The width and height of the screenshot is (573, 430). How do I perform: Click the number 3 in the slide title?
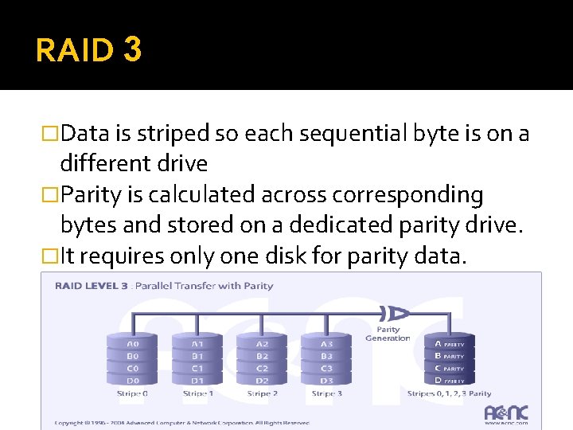coord(133,50)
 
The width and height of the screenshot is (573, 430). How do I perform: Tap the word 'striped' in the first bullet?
coord(173,133)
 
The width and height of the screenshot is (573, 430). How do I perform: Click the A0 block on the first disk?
coord(134,345)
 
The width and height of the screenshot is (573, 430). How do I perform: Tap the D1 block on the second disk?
coord(198,381)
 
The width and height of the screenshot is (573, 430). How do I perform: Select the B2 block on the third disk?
coord(263,357)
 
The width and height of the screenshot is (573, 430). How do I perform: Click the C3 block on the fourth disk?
coord(326,369)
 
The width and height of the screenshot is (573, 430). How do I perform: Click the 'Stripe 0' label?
coord(133,393)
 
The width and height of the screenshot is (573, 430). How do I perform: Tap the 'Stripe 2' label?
coord(262,393)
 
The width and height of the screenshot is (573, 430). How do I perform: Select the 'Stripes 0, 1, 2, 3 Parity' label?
coord(450,393)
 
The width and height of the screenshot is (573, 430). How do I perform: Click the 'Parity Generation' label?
coord(388,334)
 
